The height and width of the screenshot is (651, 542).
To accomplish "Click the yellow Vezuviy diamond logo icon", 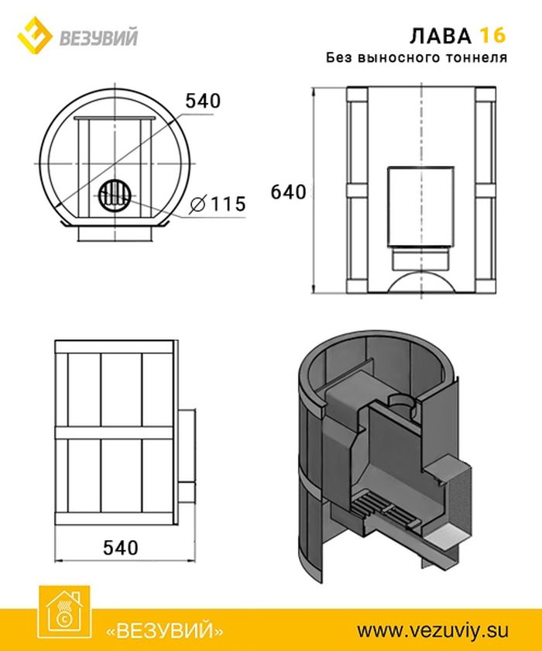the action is point(34,36).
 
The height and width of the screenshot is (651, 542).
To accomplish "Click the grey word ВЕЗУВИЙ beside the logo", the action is point(98,38).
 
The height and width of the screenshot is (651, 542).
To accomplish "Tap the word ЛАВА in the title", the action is point(441,36).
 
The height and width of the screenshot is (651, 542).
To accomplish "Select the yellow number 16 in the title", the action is point(492,36).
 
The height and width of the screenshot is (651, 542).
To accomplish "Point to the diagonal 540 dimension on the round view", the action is point(203,101).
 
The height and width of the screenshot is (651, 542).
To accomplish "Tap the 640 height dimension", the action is point(288,192).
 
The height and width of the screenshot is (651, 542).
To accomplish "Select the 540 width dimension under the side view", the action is point(120,548).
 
